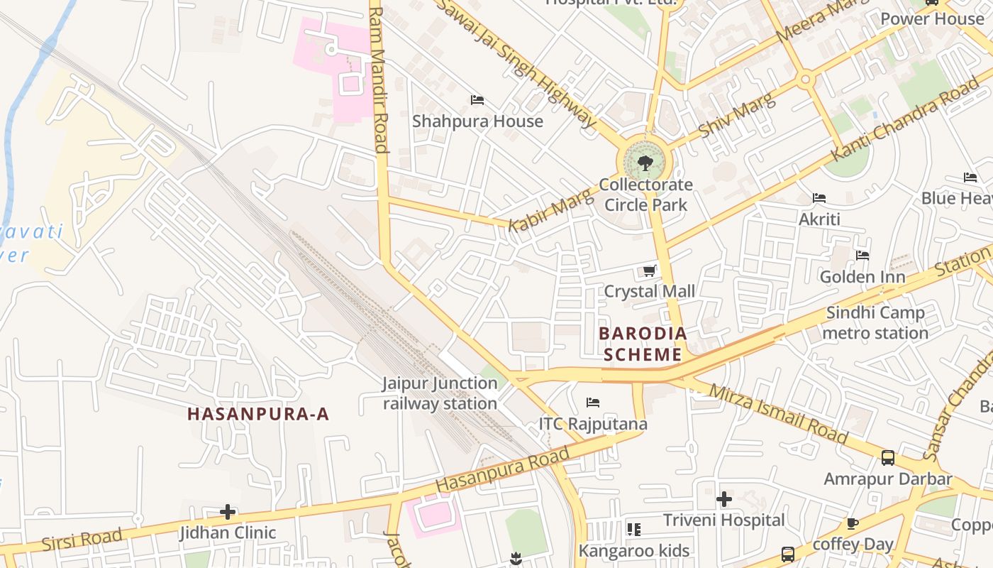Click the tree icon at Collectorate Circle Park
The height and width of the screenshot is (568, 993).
pyautogui.click(x=645, y=164)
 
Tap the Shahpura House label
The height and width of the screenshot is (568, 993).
pyautogui.click(x=477, y=121)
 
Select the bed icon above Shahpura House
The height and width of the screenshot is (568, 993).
pyautogui.click(x=477, y=100)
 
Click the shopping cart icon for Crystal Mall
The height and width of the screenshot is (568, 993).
pyautogui.click(x=649, y=271)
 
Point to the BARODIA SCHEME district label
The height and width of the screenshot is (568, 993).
pyautogui.click(x=643, y=344)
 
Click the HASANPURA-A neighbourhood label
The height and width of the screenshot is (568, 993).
pyautogui.click(x=259, y=414)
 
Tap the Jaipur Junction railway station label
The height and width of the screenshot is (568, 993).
pyautogui.click(x=440, y=393)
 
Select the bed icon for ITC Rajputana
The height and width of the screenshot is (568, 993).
pyautogui.click(x=593, y=403)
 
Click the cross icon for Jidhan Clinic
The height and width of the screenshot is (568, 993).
pyautogui.click(x=227, y=511)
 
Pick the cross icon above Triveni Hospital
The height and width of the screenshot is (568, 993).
pyautogui.click(x=723, y=499)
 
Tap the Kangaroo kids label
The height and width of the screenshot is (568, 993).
pyautogui.click(x=633, y=550)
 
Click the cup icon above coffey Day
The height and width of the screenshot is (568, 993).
pyautogui.click(x=853, y=524)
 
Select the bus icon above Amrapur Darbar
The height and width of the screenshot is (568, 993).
pyautogui.click(x=887, y=458)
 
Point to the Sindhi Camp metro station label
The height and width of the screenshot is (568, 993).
pyautogui.click(x=875, y=323)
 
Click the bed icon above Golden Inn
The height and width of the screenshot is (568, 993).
pyautogui.click(x=862, y=256)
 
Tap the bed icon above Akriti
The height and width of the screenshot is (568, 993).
pyautogui.click(x=819, y=197)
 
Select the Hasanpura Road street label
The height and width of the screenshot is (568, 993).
pyautogui.click(x=502, y=470)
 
